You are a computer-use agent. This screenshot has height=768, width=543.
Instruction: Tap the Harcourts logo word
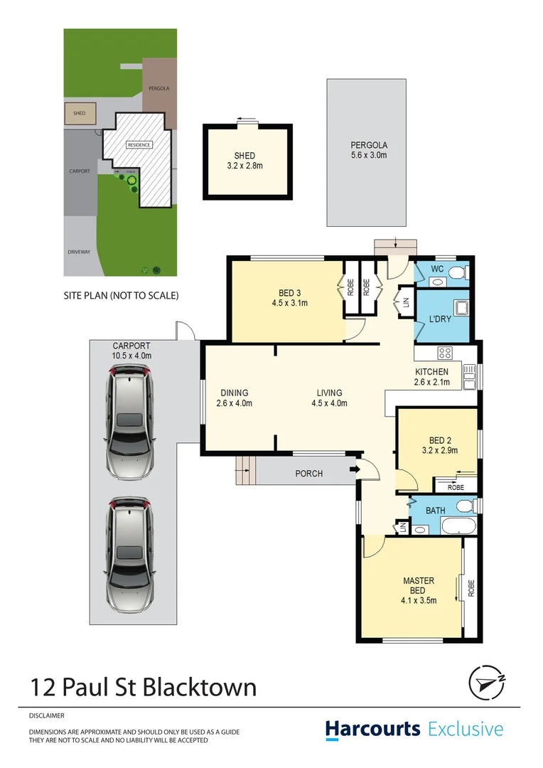373,730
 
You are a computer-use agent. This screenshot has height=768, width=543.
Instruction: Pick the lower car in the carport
129,555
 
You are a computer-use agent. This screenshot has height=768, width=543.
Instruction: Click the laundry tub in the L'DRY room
460,309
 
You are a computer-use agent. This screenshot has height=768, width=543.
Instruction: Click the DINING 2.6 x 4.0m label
234,398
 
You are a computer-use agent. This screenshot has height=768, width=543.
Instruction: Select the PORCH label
308,474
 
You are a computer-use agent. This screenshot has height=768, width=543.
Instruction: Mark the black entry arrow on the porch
352,470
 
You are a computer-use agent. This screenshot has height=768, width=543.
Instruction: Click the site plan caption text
121,294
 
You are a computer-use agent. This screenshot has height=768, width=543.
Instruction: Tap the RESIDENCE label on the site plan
139,145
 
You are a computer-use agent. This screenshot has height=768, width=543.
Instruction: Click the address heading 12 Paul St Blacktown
143,687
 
